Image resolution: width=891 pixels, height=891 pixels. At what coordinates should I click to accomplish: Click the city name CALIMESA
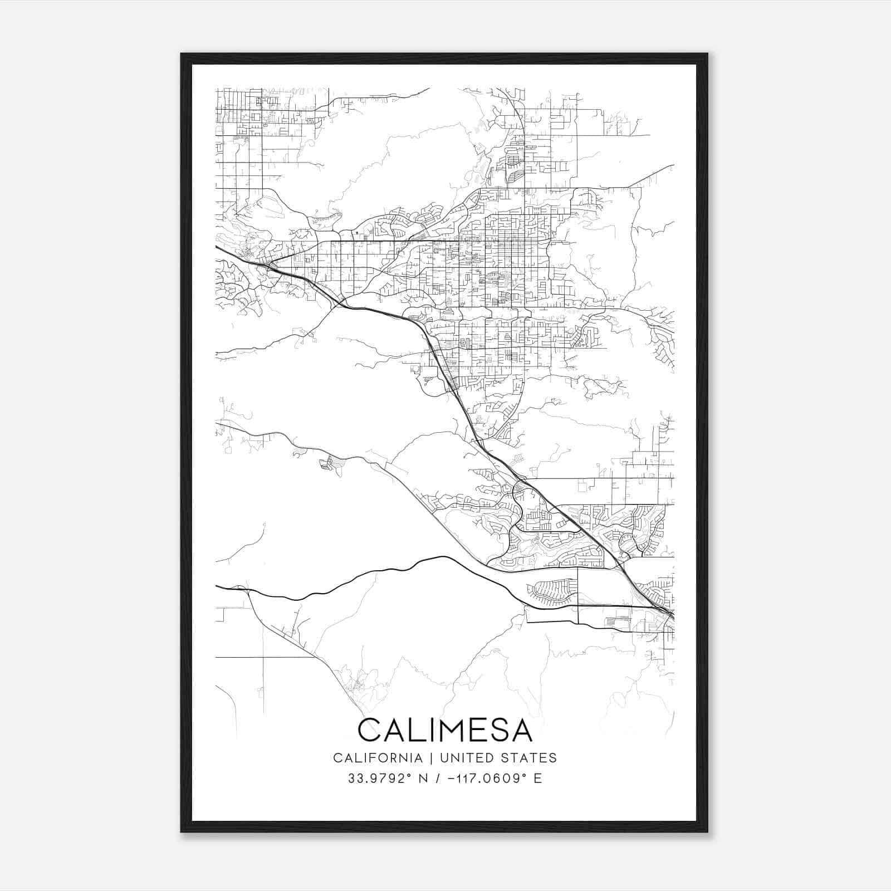[x=445, y=730]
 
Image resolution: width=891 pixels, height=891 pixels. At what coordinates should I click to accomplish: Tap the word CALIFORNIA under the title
[x=377, y=758]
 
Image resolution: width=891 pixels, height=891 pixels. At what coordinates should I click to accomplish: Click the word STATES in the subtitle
[x=531, y=758]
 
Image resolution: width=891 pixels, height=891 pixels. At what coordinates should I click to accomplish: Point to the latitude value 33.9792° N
[x=388, y=779]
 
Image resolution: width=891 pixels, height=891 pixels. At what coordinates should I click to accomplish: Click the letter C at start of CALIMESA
[x=370, y=730]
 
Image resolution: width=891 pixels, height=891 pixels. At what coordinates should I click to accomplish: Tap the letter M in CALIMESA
[x=449, y=730]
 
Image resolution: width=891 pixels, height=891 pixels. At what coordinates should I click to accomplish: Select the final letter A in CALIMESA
[x=521, y=730]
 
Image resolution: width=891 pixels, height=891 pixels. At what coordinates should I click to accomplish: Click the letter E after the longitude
[x=538, y=779]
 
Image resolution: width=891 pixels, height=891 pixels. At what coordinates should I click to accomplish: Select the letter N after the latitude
[x=424, y=779]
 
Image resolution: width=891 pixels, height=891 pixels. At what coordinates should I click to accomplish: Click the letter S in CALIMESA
[x=498, y=730]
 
